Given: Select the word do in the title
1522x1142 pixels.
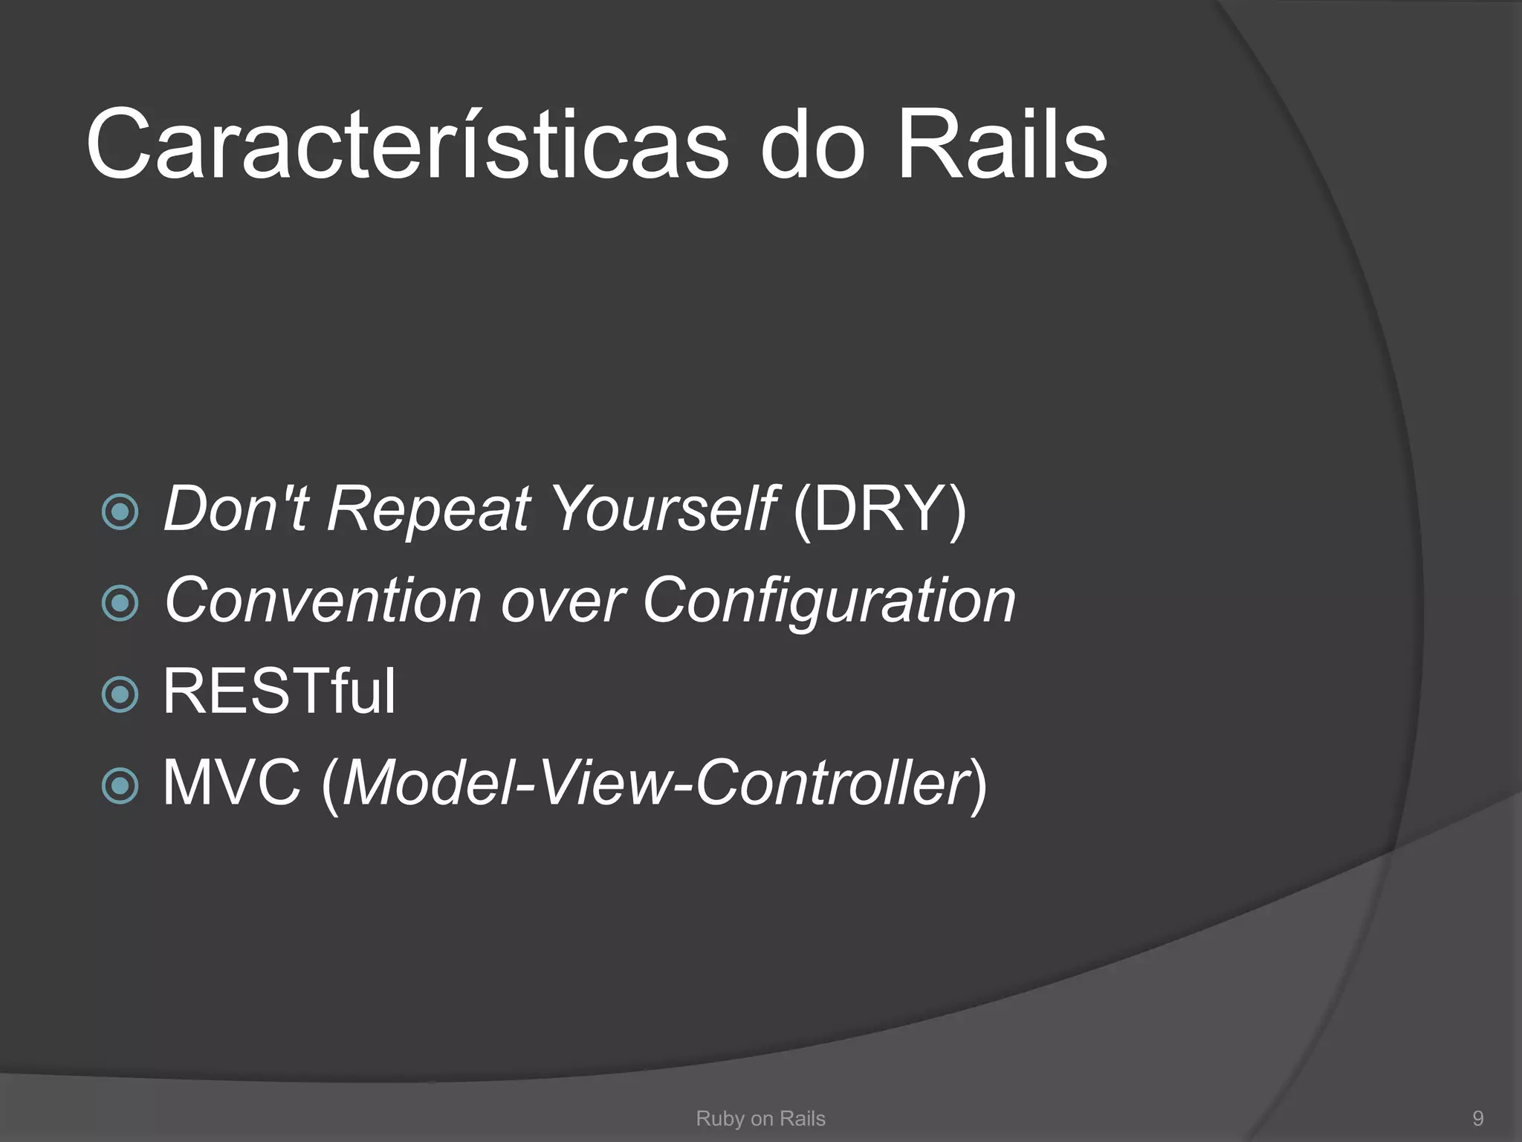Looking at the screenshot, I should click(812, 145).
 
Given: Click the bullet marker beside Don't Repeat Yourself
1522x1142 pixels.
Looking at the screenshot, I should click(120, 512).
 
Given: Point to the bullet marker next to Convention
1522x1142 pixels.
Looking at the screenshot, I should click(120, 603).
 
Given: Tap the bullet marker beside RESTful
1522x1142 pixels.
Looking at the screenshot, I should click(120, 694).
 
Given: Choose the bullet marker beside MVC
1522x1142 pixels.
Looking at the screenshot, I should click(120, 786).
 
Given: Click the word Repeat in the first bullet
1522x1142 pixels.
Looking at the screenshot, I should click(429, 510).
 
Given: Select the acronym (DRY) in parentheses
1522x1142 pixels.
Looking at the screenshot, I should click(880, 510).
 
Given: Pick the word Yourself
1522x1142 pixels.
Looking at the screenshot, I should click(663, 510).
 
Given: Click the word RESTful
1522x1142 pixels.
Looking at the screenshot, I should click(279, 691).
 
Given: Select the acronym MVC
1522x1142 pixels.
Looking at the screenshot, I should click(232, 783).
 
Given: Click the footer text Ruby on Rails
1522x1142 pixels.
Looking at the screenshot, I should click(760, 1118).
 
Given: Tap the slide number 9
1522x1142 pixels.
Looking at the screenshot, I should click(1477, 1118).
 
